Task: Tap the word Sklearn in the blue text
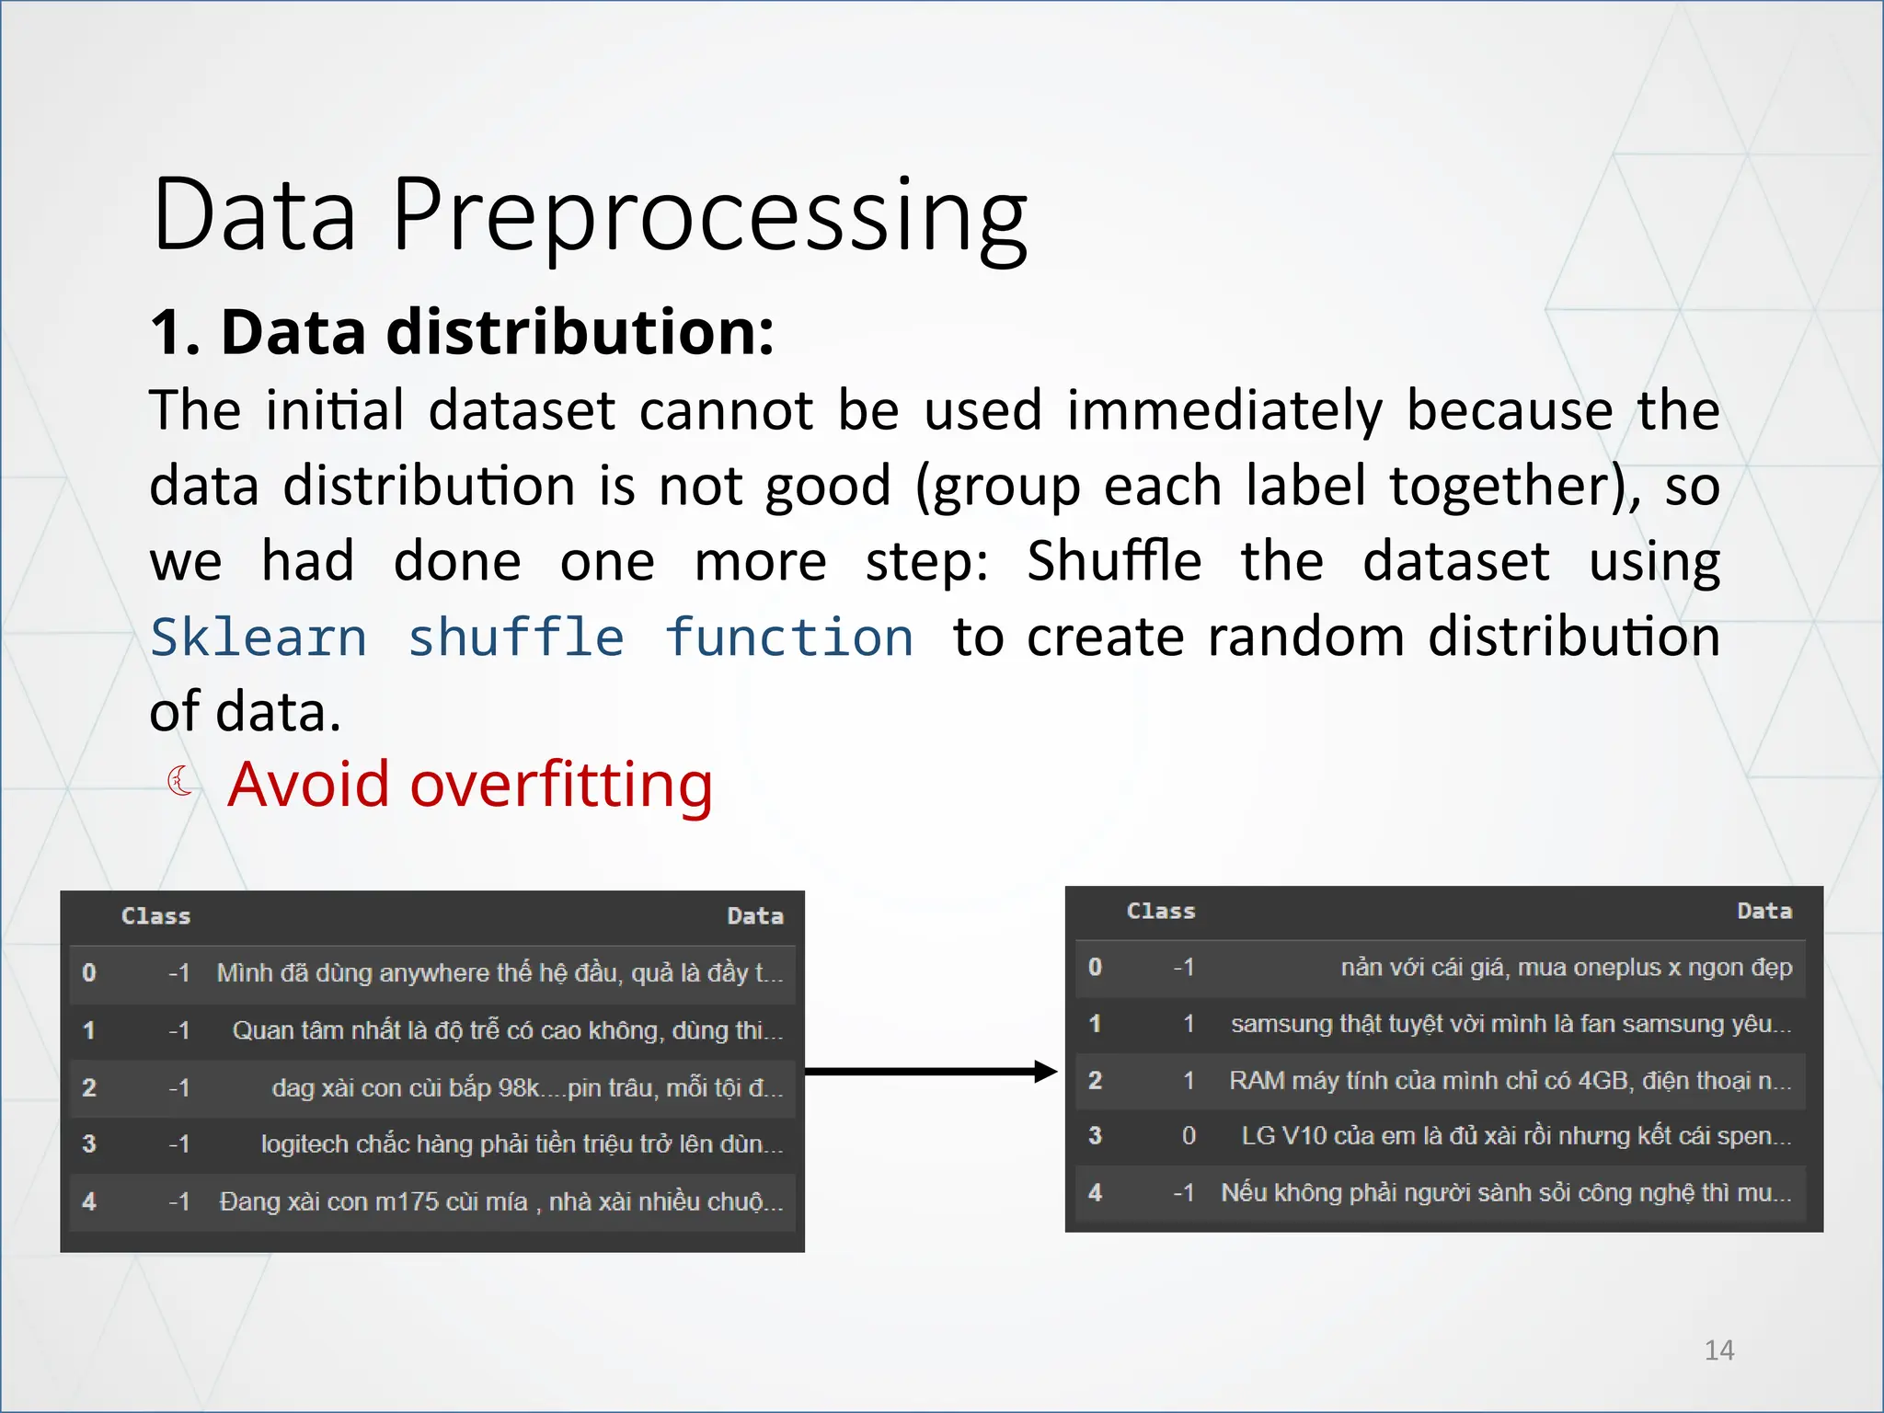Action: tap(258, 637)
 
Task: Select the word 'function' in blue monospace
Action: tap(789, 637)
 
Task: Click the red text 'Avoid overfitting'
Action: tap(469, 785)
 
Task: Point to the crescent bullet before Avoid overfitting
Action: tap(180, 782)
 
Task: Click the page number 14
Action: tap(1718, 1350)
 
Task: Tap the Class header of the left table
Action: tap(155, 916)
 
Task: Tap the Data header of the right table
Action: tap(1763, 911)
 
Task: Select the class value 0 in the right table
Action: tap(1189, 1136)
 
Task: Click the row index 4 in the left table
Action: tap(89, 1201)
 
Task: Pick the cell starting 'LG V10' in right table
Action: tap(1515, 1136)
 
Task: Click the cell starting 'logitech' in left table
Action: tap(522, 1144)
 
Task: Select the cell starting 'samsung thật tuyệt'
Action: tap(1511, 1024)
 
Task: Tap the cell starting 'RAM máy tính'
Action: tap(1510, 1080)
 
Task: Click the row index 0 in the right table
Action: tap(1095, 967)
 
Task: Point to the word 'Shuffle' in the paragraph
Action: tap(1113, 561)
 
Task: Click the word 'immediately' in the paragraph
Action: tap(1223, 410)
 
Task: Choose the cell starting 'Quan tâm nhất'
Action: tap(507, 1030)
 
